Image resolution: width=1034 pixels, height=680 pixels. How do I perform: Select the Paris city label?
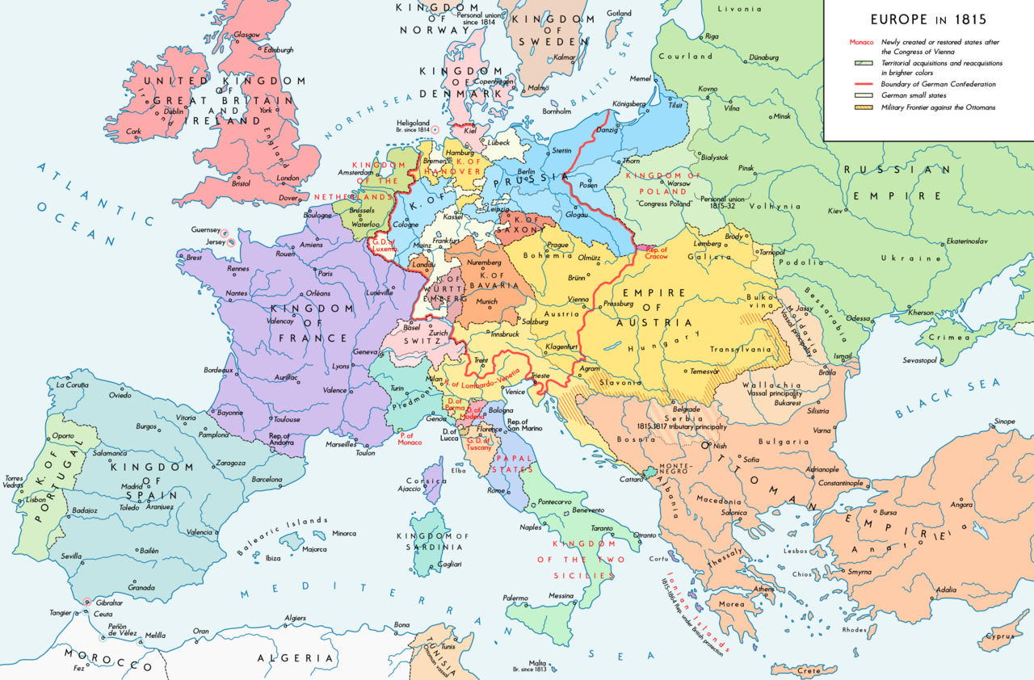pos(325,274)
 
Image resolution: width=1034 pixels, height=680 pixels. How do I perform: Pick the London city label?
pos(288,178)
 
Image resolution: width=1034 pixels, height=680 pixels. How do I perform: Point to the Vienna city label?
pos(578,299)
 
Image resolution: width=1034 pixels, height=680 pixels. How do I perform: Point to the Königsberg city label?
pos(631,103)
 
